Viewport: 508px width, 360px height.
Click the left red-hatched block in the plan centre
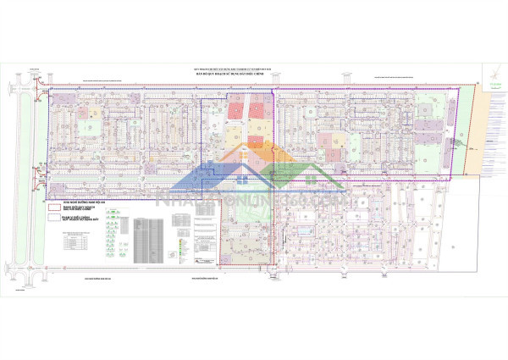click(235, 108)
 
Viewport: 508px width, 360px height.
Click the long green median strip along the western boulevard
click(38, 182)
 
